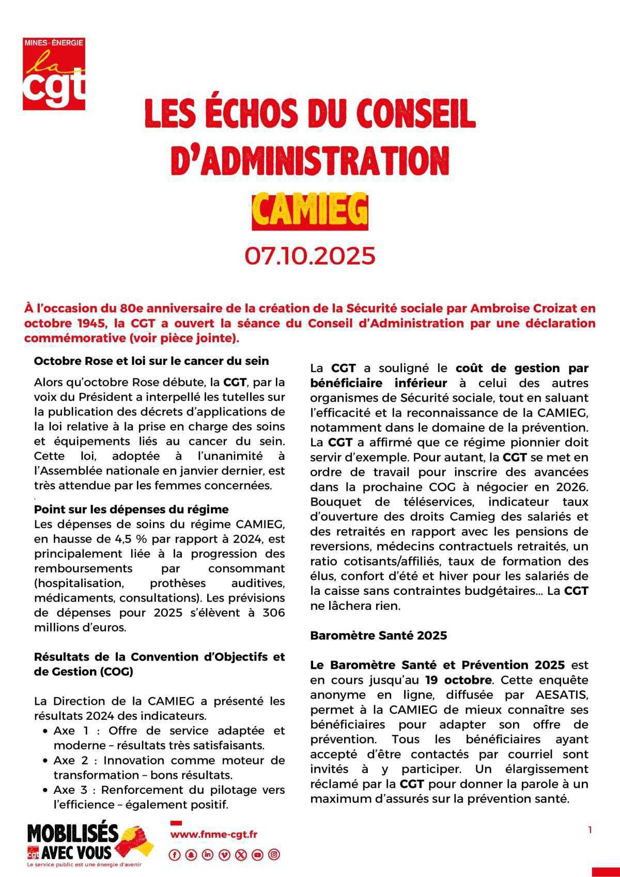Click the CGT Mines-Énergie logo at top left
click(54, 73)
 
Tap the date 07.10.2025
click(309, 256)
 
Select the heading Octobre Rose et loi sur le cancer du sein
click(151, 361)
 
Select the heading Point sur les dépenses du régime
click(131, 509)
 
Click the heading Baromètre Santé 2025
click(378, 636)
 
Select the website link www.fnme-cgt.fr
click(214, 834)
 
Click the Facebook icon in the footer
click(175, 855)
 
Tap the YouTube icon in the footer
click(257, 855)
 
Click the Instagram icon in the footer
click(274, 855)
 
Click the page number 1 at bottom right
click(590, 830)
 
